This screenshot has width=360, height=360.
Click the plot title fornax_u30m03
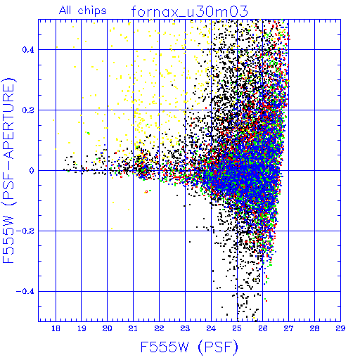[189, 11]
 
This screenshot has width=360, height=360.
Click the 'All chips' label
[83, 11]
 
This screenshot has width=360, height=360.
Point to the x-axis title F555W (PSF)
[189, 347]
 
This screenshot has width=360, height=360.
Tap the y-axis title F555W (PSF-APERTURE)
[8, 170]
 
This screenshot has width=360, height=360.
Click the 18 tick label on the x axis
[56, 328]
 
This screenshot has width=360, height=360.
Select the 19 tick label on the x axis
[82, 328]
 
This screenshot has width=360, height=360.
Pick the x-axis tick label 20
[107, 328]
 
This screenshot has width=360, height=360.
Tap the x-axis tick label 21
[133, 328]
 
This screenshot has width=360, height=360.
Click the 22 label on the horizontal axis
[159, 328]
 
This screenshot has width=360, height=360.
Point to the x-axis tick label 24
[211, 328]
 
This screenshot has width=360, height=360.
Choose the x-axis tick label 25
[237, 328]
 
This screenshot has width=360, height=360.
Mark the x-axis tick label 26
[263, 328]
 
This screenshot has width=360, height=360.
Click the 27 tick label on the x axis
[288, 328]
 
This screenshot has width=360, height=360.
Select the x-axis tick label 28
[314, 328]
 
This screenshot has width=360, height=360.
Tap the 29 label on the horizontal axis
[340, 328]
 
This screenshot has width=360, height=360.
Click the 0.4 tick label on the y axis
[28, 49]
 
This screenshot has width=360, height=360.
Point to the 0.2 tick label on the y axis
[28, 110]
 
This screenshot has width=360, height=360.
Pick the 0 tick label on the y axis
[32, 170]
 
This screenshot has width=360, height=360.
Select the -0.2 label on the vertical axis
[25, 231]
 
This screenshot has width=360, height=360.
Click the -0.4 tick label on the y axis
[25, 291]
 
